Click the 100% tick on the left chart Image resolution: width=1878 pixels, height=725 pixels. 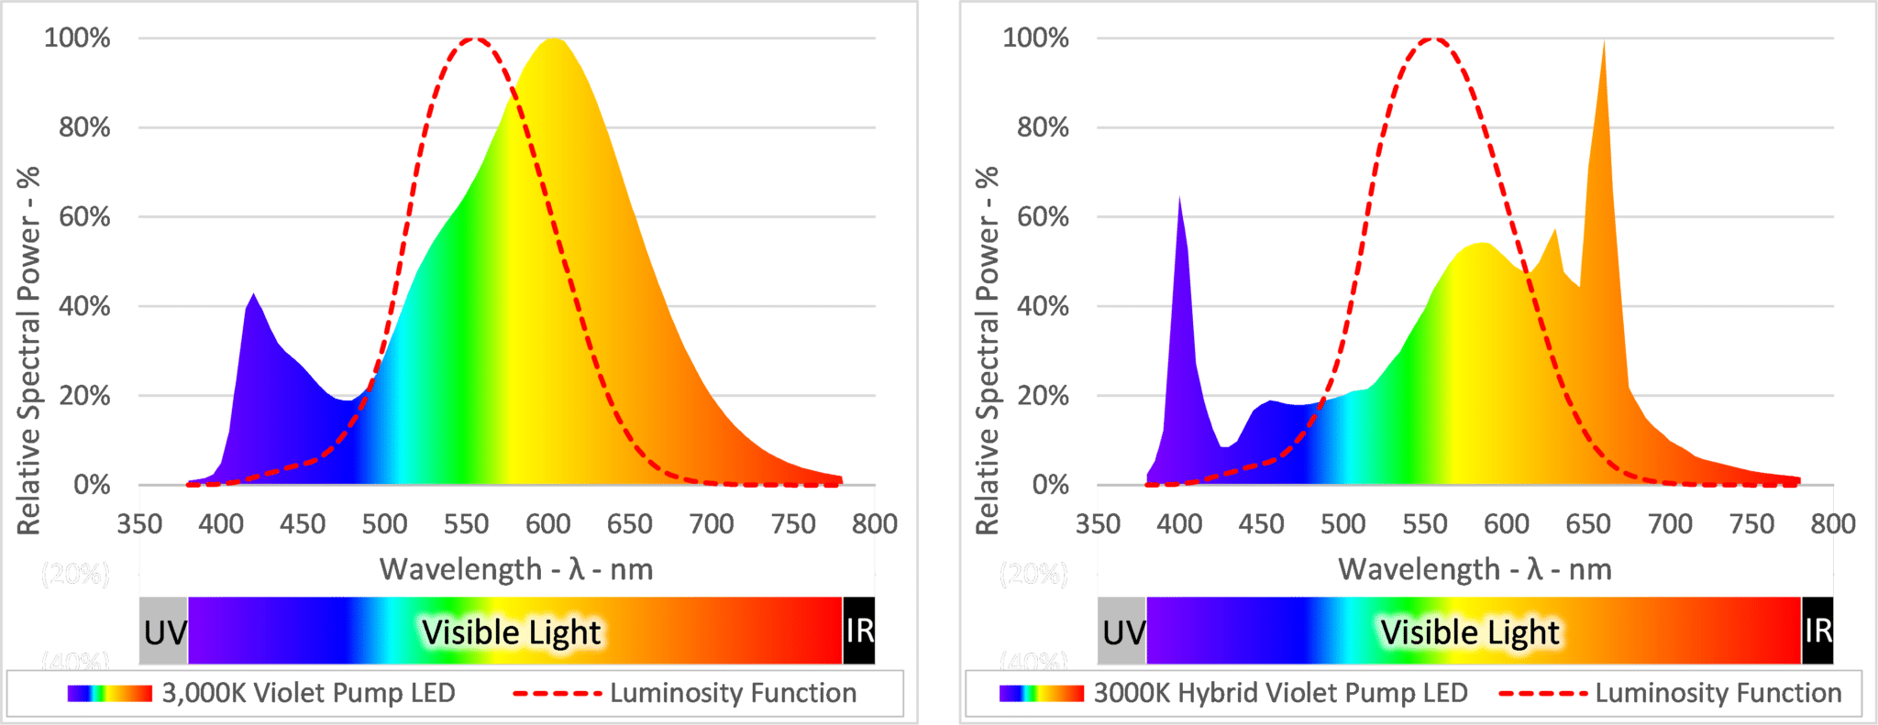click(x=77, y=38)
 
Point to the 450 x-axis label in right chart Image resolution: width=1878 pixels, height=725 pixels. click(x=1261, y=524)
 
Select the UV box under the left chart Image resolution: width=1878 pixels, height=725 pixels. click(x=164, y=632)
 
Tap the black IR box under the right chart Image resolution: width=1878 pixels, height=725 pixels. click(x=1817, y=631)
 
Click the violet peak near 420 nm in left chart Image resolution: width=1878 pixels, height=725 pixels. click(x=253, y=295)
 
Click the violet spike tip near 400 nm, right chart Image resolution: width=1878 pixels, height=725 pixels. click(x=1179, y=198)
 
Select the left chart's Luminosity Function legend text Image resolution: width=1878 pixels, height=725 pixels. click(x=733, y=693)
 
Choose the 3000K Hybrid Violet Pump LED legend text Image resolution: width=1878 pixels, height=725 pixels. click(x=1280, y=693)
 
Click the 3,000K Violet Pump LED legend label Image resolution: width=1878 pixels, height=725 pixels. click(x=308, y=693)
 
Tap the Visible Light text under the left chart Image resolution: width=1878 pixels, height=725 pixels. click(x=511, y=632)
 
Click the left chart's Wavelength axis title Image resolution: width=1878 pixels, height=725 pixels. click(x=516, y=569)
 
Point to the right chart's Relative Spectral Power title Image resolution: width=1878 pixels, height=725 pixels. click(x=987, y=350)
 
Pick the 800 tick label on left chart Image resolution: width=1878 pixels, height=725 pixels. click(x=874, y=524)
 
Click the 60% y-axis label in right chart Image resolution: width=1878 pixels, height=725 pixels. click(x=1043, y=217)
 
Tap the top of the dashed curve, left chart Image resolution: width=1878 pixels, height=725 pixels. click(x=474, y=38)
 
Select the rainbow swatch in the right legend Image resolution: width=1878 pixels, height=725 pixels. click(x=1041, y=693)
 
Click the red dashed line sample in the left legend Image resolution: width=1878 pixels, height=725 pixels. click(x=557, y=693)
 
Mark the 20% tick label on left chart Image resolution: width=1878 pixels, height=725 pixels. click(x=84, y=396)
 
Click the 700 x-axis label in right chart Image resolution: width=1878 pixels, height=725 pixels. click(x=1670, y=524)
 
